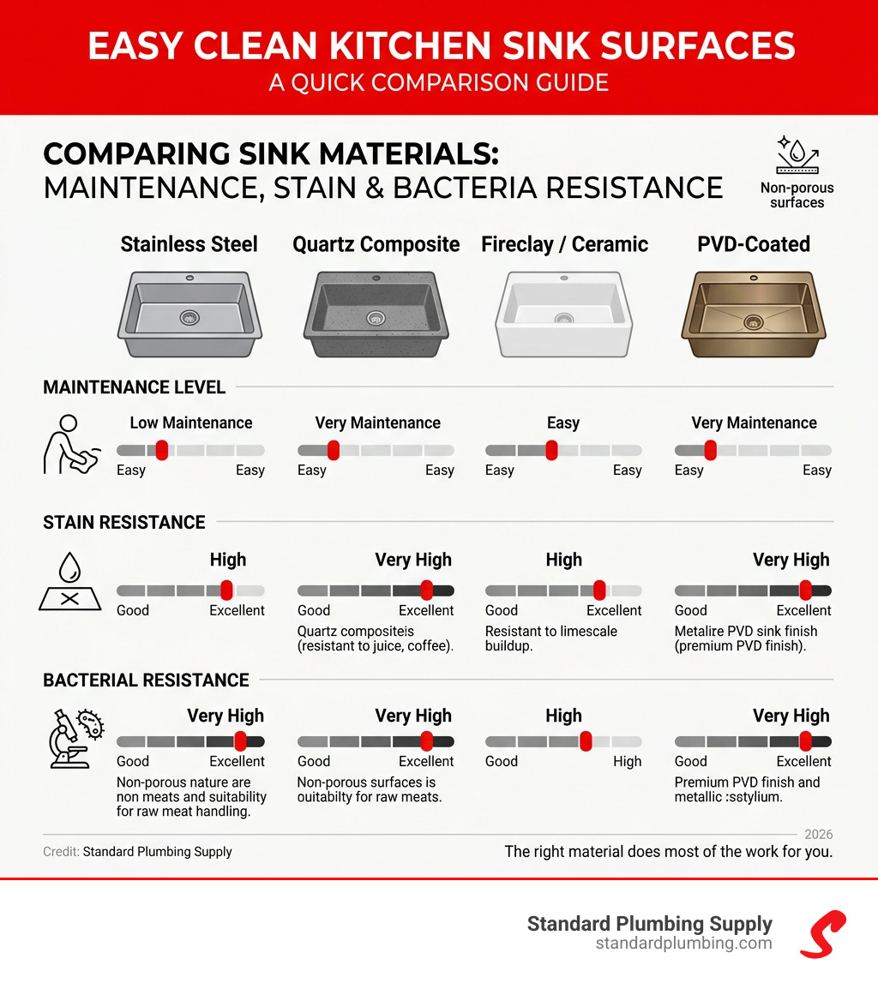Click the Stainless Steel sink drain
tap(189, 318)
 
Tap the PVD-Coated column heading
tap(754, 244)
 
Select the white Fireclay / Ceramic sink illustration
tap(563, 314)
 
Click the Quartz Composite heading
tap(376, 244)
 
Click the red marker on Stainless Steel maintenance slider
tap(161, 450)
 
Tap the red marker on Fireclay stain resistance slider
tap(599, 590)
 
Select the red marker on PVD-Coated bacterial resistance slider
tap(805, 741)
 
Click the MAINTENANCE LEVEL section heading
tap(134, 387)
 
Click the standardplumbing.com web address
tap(683, 944)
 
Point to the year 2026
tap(818, 834)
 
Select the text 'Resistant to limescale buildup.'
tap(551, 638)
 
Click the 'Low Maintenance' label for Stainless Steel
tap(191, 423)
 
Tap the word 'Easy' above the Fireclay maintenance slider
tap(563, 423)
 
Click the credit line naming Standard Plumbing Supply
tap(137, 852)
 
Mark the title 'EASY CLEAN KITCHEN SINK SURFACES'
tap(439, 45)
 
